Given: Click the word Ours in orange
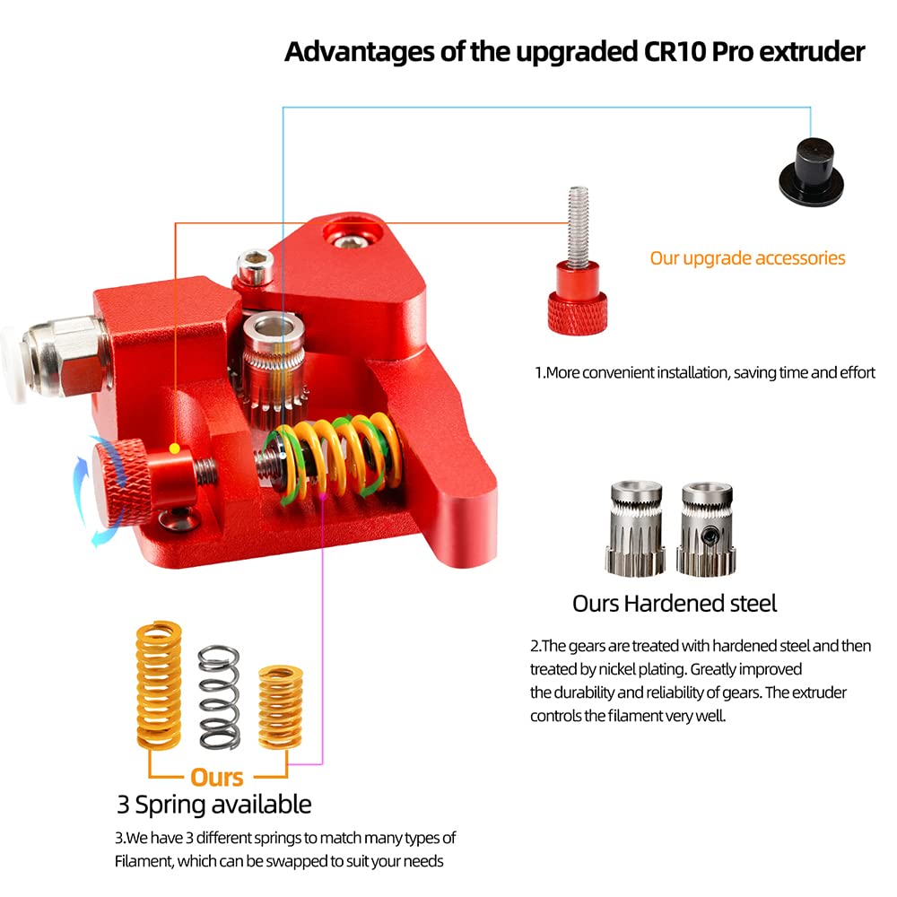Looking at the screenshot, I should (217, 776).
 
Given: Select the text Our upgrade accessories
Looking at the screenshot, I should (747, 258).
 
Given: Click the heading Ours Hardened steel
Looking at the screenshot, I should (675, 604).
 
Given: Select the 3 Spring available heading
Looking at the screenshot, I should (214, 804).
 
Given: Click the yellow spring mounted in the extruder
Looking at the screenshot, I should (336, 457).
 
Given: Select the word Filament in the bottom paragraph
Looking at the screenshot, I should (143, 862).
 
